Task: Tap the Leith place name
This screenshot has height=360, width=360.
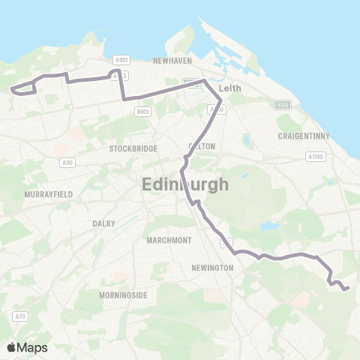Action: click(229, 87)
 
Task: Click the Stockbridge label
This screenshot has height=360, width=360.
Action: click(133, 148)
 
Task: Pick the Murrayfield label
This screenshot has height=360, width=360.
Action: click(48, 193)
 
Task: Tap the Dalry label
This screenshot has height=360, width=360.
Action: click(103, 223)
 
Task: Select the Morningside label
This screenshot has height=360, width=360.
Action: click(123, 295)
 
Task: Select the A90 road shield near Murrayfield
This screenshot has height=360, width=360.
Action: click(67, 162)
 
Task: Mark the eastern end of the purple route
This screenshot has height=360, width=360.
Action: click(347, 288)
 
